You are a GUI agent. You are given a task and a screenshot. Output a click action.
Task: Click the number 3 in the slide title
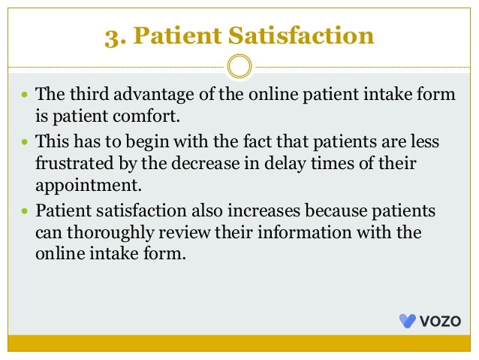coord(111,36)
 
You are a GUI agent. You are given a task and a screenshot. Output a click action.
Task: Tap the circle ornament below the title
coord(239,66)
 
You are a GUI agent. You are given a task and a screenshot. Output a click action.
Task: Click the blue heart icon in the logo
coord(407,322)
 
